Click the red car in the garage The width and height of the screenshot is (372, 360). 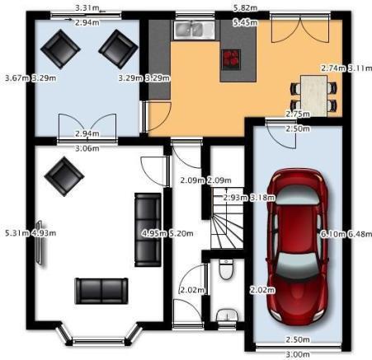(297, 245)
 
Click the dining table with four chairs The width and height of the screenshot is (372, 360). (313, 96)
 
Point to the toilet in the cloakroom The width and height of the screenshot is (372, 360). (226, 269)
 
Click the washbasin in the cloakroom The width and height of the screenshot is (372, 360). (227, 315)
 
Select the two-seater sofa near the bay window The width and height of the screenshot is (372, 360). (101, 291)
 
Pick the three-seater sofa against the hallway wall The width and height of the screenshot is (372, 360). (148, 230)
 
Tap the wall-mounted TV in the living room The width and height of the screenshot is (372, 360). (40, 243)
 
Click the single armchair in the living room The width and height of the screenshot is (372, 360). (64, 176)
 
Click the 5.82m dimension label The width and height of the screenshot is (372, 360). (245, 8)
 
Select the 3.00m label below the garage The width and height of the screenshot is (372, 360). (298, 354)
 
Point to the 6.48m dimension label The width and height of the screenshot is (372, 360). (360, 234)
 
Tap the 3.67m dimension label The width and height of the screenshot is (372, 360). (17, 78)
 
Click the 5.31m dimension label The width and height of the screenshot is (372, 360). (17, 233)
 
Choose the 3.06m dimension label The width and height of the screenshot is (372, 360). (87, 148)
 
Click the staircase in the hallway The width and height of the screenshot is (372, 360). (228, 218)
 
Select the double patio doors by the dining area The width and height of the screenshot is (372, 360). (300, 28)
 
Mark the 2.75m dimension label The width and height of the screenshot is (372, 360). (298, 114)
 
